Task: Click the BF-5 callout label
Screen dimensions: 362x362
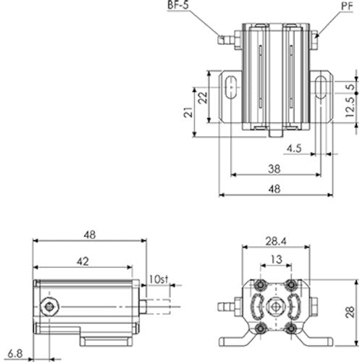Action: tap(180, 7)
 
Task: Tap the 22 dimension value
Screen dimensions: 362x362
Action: tap(204, 96)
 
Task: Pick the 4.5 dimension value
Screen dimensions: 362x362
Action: tap(294, 148)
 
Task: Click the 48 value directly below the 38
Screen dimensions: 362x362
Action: tap(274, 188)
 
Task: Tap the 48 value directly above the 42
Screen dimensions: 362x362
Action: tap(89, 235)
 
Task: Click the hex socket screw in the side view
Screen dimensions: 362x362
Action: tap(49, 308)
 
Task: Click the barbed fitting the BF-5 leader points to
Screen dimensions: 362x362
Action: tap(227, 37)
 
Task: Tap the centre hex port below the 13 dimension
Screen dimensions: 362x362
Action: tap(276, 307)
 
